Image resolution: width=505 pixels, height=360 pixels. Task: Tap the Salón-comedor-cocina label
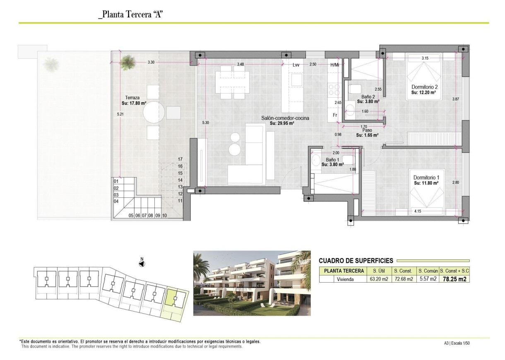285,118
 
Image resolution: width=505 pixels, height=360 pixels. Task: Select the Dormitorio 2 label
424,87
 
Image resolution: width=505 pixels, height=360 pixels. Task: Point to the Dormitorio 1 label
426,177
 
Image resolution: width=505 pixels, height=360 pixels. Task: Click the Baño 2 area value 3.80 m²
368,101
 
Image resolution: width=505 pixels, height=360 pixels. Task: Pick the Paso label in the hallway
367,130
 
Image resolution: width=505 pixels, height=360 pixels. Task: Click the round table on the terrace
154,112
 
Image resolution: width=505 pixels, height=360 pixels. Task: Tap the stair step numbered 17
180,159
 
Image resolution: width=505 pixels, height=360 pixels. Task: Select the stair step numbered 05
131,216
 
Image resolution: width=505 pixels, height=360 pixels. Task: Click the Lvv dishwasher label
296,65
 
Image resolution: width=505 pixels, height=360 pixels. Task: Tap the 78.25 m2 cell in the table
454,279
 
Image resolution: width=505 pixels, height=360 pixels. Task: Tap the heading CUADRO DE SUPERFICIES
356,261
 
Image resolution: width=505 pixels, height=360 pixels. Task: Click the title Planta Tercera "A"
131,15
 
